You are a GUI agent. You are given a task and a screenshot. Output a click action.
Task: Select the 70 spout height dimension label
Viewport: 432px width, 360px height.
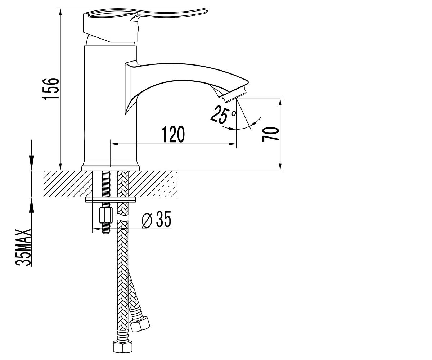(270, 134)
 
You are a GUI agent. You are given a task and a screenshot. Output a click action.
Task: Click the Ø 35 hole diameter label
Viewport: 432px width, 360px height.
(157, 220)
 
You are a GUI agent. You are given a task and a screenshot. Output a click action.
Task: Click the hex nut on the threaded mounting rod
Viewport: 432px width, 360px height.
(106, 215)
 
